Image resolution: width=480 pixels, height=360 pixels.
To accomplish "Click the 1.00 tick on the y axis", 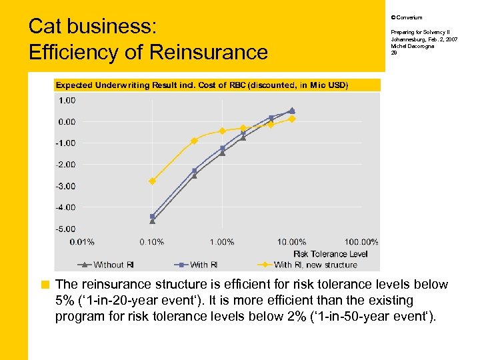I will point(67,100).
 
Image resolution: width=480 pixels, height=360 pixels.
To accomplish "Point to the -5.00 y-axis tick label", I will point(66,229).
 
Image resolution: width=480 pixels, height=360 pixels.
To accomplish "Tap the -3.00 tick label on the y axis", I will point(66,186).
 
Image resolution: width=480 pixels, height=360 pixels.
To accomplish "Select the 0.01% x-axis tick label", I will point(83,242).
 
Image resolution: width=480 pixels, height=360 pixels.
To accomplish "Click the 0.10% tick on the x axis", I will point(152,242).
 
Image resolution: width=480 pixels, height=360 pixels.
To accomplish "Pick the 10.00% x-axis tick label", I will point(292,242).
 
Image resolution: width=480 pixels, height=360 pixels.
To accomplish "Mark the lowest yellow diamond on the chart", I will point(152,181).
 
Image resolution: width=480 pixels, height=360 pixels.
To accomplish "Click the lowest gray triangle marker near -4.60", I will point(152,221).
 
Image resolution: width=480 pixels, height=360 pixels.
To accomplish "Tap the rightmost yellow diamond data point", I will point(292,119).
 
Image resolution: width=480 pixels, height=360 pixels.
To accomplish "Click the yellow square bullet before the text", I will point(45,285).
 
